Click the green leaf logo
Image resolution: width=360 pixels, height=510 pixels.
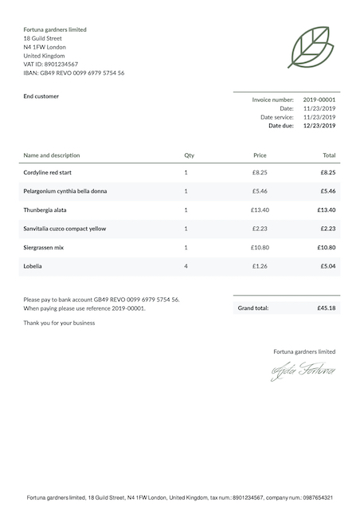coord(311,47)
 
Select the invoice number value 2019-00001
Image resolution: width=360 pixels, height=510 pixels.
coord(319,100)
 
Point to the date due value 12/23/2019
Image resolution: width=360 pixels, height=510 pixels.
coord(319,126)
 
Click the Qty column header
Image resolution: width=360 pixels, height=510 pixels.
coord(189,155)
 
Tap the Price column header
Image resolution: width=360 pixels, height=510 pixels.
coord(260,155)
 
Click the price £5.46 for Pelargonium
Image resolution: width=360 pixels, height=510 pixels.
coord(260,191)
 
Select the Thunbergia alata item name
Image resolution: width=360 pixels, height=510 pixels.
coord(45,210)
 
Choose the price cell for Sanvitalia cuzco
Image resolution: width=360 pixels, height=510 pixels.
coord(260,229)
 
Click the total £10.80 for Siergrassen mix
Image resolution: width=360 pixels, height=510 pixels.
coord(327,247)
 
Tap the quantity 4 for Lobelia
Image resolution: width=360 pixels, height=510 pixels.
coord(186,266)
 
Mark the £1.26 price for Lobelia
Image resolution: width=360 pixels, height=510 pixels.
coord(260,266)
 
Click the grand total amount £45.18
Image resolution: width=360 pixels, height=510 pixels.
coord(326,308)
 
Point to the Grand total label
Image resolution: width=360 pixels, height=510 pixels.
coord(253,308)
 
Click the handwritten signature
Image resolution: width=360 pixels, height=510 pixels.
coord(303,371)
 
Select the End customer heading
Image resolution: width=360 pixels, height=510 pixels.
coord(41,96)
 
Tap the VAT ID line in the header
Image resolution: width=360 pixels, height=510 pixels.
coord(51,65)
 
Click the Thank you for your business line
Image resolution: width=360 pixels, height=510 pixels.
coord(59,323)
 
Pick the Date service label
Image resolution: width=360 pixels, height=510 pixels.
coord(277,117)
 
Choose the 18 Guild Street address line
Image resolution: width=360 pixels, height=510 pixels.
coord(43,38)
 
